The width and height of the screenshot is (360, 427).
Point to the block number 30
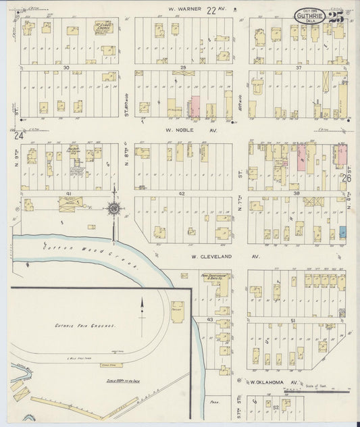66,68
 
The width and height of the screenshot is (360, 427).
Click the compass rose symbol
113,209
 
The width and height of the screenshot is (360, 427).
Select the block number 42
182,193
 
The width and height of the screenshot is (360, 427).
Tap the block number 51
292,320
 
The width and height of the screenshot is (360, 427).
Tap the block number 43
210,319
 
